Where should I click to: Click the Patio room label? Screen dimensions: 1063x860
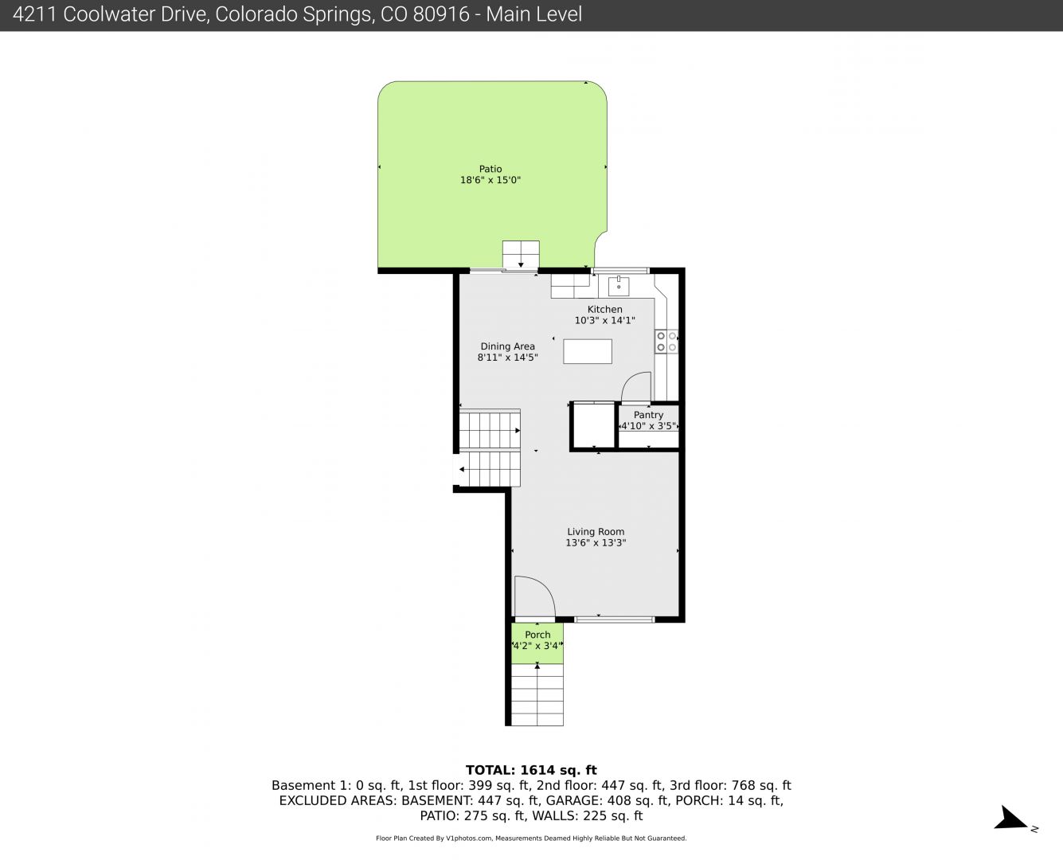[x=490, y=169]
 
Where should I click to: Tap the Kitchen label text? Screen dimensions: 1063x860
[x=604, y=309]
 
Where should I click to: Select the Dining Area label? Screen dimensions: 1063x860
[x=507, y=346]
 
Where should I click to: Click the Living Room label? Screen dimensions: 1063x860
[x=596, y=532]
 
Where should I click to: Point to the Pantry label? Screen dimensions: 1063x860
[x=648, y=415]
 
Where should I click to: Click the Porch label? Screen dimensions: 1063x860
[x=537, y=635]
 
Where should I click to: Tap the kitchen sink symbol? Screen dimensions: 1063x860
[x=619, y=286]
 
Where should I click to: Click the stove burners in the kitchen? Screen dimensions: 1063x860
[x=666, y=342]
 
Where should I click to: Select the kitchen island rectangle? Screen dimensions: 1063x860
[x=588, y=351]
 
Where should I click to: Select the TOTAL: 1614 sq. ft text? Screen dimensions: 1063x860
[x=531, y=770]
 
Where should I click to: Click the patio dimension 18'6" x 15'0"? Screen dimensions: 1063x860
[x=490, y=180]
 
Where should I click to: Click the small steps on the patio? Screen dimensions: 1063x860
[x=521, y=255]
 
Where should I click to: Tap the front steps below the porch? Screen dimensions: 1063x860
[x=537, y=695]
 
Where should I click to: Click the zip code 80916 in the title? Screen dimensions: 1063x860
[x=440, y=14]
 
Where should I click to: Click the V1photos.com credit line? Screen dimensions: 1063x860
[x=531, y=838]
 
